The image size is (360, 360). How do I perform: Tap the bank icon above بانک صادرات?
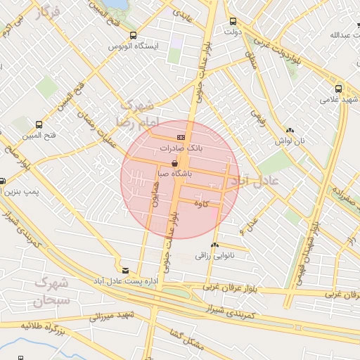tap(181, 136)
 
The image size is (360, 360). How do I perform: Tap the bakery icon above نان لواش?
tap(290, 130)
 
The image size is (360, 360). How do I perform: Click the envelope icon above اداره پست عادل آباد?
tap(125, 270)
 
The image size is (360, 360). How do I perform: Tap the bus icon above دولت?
tap(232, 21)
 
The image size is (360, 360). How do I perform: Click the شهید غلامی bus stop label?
tap(340, 100)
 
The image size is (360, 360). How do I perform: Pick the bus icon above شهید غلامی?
tap(339, 89)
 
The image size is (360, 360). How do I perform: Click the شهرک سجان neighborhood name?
tap(51, 292)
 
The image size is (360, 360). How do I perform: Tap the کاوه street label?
tap(207, 204)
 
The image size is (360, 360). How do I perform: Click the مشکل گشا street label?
tap(188, 342)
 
